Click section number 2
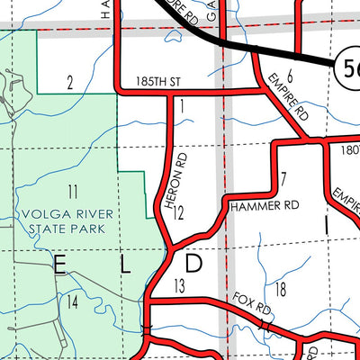tap(69, 84)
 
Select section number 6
tap(290, 77)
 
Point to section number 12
tap(178, 214)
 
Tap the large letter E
tap(60, 264)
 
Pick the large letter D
tap(195, 264)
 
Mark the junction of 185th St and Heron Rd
tap(171, 92)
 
